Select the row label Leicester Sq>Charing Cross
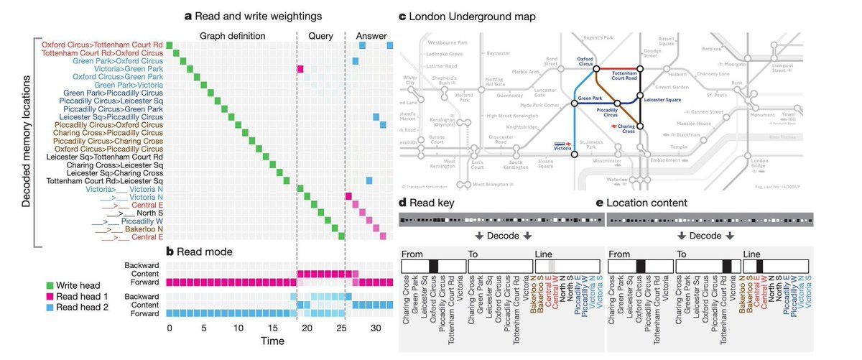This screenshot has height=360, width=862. pyautogui.click(x=115, y=173)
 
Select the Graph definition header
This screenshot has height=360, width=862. pyautogui.click(x=231, y=35)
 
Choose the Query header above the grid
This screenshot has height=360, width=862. pyautogui.click(x=320, y=35)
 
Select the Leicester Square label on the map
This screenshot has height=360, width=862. pyautogui.click(x=663, y=100)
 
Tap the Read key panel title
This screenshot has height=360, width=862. pyautogui.click(x=432, y=202)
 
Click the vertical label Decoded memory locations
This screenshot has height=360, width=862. pyautogui.click(x=27, y=142)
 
